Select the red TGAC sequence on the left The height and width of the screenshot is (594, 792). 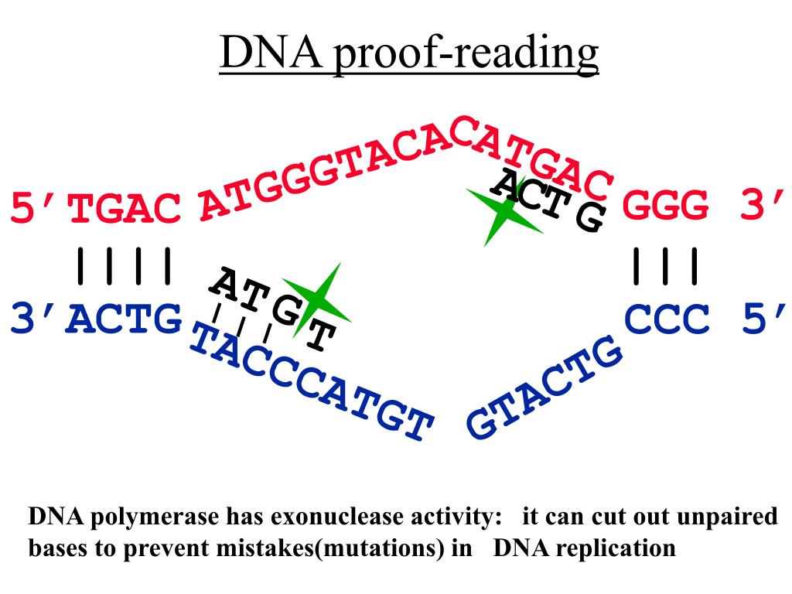coord(125,210)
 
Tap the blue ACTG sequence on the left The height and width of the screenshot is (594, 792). coord(124,319)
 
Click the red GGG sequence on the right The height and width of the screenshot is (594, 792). coord(666,207)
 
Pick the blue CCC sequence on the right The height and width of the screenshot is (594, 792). coord(666,319)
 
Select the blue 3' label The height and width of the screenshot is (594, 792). coord(36,319)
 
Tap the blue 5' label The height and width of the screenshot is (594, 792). coord(762,319)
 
